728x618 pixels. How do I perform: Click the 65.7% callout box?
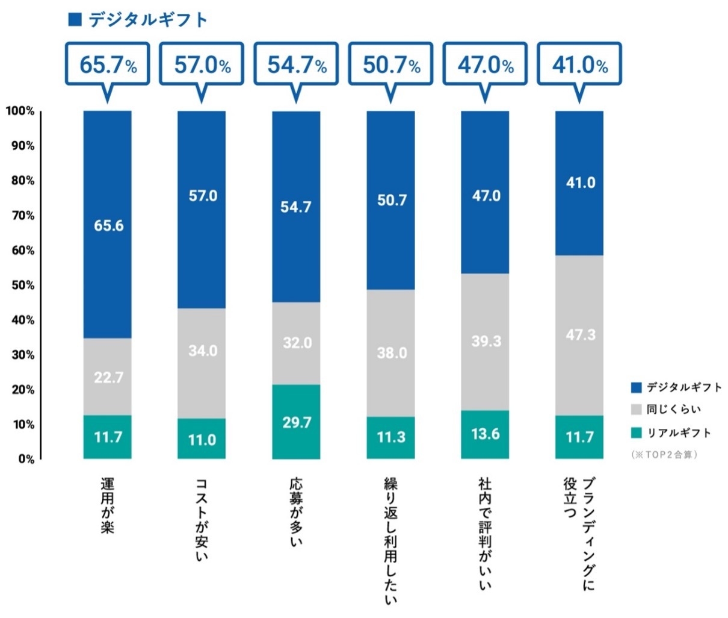tap(108, 64)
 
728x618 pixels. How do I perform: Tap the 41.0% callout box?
tap(579, 64)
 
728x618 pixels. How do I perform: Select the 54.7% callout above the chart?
tap(297, 64)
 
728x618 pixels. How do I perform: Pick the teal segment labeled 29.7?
tap(297, 422)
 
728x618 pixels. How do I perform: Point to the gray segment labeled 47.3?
tap(579, 335)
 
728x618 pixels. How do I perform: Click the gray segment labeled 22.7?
tap(108, 376)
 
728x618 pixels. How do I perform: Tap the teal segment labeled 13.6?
tap(485, 434)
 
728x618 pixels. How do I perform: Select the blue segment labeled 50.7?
tap(391, 200)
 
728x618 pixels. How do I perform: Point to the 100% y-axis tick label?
tap(20, 111)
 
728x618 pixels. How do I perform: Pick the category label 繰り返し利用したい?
tap(391, 540)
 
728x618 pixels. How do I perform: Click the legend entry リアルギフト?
tap(677, 432)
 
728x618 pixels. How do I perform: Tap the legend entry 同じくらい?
tap(673, 410)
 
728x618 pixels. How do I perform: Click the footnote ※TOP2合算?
tap(664, 454)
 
